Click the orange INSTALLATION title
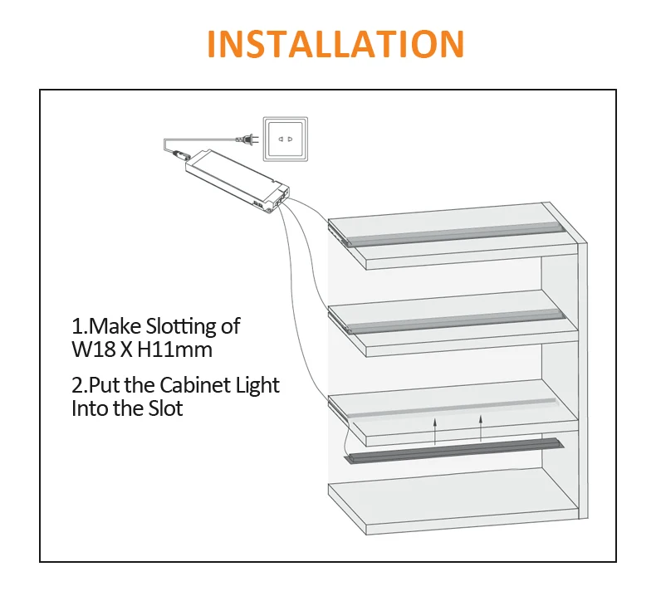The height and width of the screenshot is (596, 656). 335,43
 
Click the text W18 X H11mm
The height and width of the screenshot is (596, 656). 142,349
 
